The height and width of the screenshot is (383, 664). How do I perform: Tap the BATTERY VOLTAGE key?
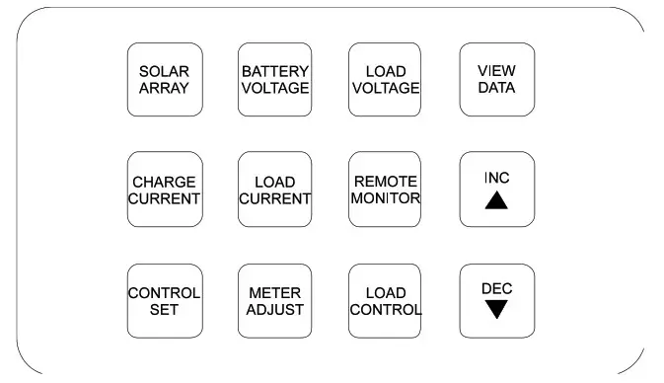(x=275, y=80)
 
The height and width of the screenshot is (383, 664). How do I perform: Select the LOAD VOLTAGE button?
(x=385, y=80)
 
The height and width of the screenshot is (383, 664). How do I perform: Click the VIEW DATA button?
(x=497, y=80)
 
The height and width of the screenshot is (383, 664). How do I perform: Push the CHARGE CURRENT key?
(x=164, y=190)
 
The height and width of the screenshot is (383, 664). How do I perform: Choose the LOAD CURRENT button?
(x=275, y=190)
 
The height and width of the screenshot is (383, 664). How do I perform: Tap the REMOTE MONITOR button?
(x=385, y=190)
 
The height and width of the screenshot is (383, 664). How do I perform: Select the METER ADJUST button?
(x=275, y=301)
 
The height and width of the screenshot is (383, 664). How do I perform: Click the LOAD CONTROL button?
(x=385, y=301)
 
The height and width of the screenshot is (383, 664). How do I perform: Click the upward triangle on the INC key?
(x=497, y=200)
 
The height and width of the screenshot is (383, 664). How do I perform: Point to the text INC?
(x=497, y=178)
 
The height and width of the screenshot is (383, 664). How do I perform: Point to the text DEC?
(x=497, y=288)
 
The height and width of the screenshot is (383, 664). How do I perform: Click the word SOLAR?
(x=164, y=72)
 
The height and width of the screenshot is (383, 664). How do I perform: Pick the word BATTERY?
(x=275, y=72)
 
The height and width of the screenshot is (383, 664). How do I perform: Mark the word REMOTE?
(x=385, y=182)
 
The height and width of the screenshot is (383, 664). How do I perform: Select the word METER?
(x=275, y=293)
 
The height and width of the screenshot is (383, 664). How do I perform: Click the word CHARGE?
(x=164, y=182)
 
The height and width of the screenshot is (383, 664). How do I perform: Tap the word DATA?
(x=497, y=88)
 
